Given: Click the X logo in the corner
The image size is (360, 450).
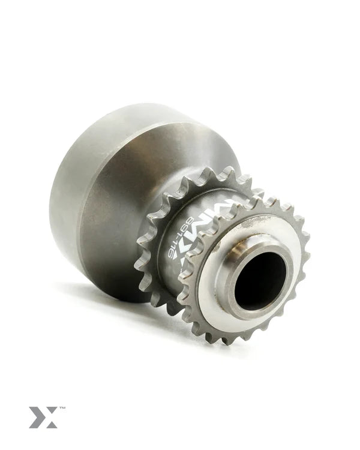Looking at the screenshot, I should pos(43,417).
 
